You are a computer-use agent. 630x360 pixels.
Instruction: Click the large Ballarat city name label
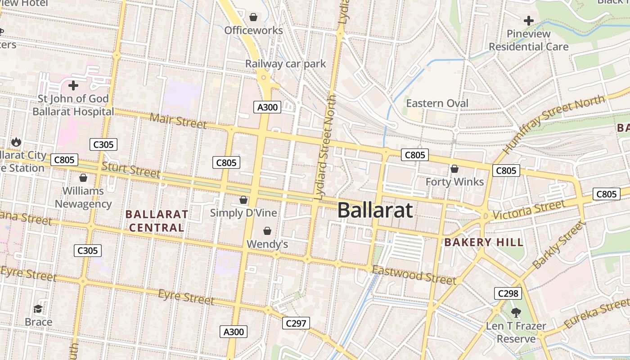pos(375,210)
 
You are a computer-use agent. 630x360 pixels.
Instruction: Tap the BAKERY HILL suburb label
pos(484,243)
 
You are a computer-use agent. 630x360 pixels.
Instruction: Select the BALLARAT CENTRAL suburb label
pos(157,221)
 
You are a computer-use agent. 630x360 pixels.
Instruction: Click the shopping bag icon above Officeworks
pos(253,17)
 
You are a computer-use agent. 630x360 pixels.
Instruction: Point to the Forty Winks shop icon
pos(454,169)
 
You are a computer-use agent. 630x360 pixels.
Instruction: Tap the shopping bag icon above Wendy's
pos(267,231)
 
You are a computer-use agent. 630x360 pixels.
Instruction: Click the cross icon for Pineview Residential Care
pos(529,20)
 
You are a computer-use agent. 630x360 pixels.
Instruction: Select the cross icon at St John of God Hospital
pos(73,85)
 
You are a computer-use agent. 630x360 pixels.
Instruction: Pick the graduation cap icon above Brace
pos(38,309)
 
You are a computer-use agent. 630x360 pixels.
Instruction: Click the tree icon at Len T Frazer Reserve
pos(516,312)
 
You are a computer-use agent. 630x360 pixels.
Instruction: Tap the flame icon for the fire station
pos(17,142)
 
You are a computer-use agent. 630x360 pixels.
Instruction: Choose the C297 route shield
pos(296,323)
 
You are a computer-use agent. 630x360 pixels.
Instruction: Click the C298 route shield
pos(508,293)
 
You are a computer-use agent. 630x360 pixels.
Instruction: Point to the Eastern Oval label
pos(437,103)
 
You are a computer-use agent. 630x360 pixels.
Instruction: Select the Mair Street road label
pos(178,121)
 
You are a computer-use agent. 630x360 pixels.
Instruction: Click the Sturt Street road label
pos(130,169)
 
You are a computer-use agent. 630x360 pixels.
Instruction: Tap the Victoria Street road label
pos(529,210)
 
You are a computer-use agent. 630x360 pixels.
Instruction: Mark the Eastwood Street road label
pos(414,274)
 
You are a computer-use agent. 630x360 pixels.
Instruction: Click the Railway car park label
pos(285,64)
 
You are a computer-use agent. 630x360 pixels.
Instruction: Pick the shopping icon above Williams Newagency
pos(83,178)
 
